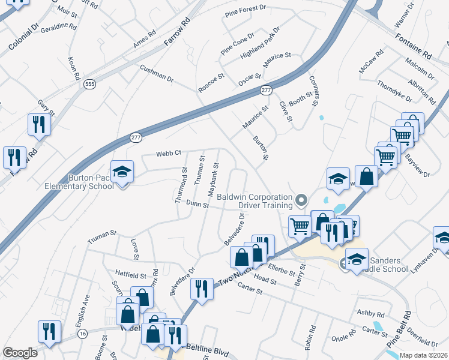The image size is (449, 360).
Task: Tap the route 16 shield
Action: pos(82,333)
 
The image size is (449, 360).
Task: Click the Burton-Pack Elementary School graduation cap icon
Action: pos(122,173)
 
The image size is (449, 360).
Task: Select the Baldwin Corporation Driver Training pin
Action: pos(302,199)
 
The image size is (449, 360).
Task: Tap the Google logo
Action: pos(20,353)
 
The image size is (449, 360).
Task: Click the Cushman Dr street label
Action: pos(157,75)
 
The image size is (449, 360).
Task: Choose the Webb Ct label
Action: pos(169,153)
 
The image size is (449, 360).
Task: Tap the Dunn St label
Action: pos(196,205)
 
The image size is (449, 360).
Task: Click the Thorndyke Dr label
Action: pos(394,90)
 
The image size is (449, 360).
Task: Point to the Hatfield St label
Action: pos(131,275)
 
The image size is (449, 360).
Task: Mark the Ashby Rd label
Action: pos(370,313)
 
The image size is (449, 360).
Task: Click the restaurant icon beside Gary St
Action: pos(39,124)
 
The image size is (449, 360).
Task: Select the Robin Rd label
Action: pos(310,338)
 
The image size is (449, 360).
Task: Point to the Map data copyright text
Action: pos(424,355)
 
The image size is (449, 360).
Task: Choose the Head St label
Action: pos(265,278)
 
